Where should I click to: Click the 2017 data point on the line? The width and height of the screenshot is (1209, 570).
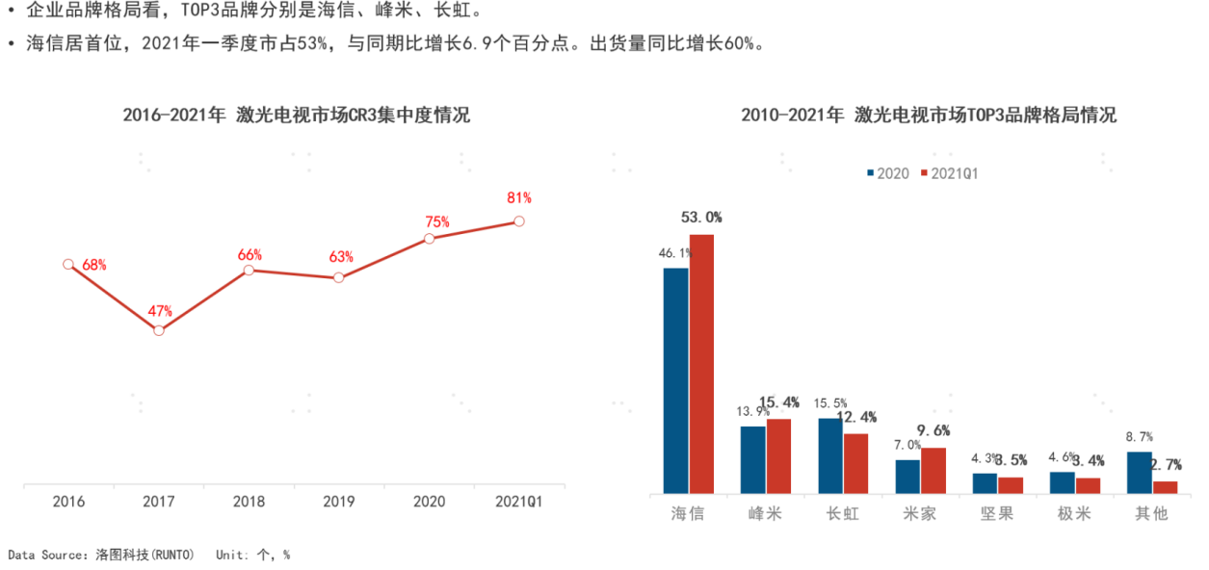(159, 330)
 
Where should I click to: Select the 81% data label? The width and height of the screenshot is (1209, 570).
(519, 198)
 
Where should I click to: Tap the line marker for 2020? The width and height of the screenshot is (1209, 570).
(430, 238)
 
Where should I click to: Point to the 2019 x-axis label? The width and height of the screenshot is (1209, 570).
(339, 502)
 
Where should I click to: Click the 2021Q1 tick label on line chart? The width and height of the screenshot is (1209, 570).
(519, 502)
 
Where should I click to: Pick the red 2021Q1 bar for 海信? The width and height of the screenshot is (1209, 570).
(701, 364)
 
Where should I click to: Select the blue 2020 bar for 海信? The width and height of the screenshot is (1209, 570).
(675, 380)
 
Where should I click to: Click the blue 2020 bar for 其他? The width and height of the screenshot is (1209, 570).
(1139, 473)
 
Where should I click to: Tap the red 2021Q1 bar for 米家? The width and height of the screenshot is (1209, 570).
(933, 471)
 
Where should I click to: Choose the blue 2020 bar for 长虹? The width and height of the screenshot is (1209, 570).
(830, 455)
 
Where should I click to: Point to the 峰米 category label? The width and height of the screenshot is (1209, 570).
(765, 513)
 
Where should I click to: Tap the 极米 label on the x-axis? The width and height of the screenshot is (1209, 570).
(1074, 513)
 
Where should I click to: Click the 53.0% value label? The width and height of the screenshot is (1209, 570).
(701, 218)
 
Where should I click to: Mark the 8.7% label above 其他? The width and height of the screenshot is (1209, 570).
(1139, 437)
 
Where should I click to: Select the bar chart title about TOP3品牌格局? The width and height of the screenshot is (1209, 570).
(929, 116)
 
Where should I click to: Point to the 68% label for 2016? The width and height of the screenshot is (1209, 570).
(94, 265)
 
